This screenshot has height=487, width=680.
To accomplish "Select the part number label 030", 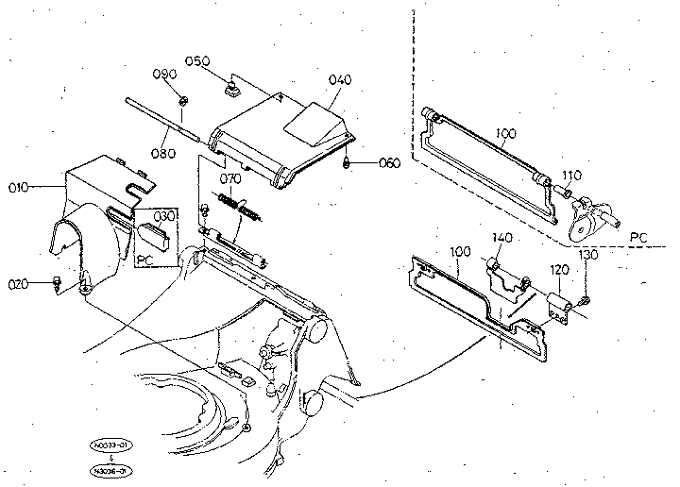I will click(x=166, y=216).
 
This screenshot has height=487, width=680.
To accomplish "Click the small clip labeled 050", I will click(x=229, y=91).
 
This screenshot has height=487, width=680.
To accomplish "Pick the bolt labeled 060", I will click(x=348, y=163).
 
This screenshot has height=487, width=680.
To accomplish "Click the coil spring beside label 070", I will click(x=240, y=205).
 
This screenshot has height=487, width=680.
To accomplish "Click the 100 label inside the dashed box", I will click(x=506, y=134).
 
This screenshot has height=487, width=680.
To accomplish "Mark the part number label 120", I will click(x=560, y=269).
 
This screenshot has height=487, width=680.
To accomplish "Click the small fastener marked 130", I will click(x=585, y=299).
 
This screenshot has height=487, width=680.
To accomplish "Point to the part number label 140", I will click(x=501, y=237).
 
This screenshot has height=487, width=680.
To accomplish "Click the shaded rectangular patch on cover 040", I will click(x=313, y=119).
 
